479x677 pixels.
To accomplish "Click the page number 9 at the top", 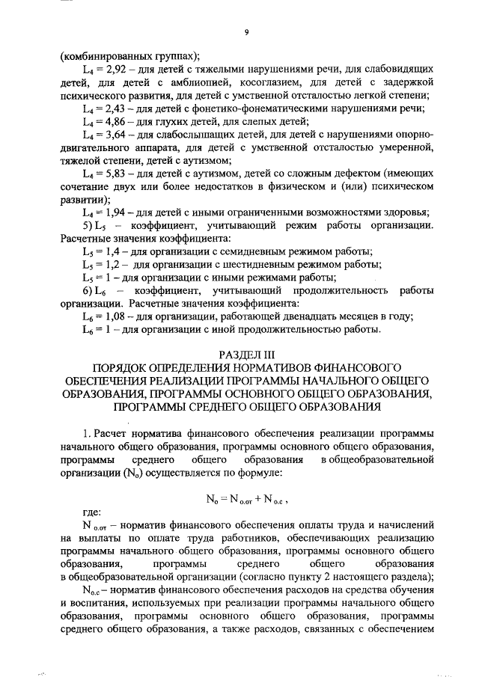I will (x=246, y=31).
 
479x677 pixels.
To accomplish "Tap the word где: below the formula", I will (x=91, y=512).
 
